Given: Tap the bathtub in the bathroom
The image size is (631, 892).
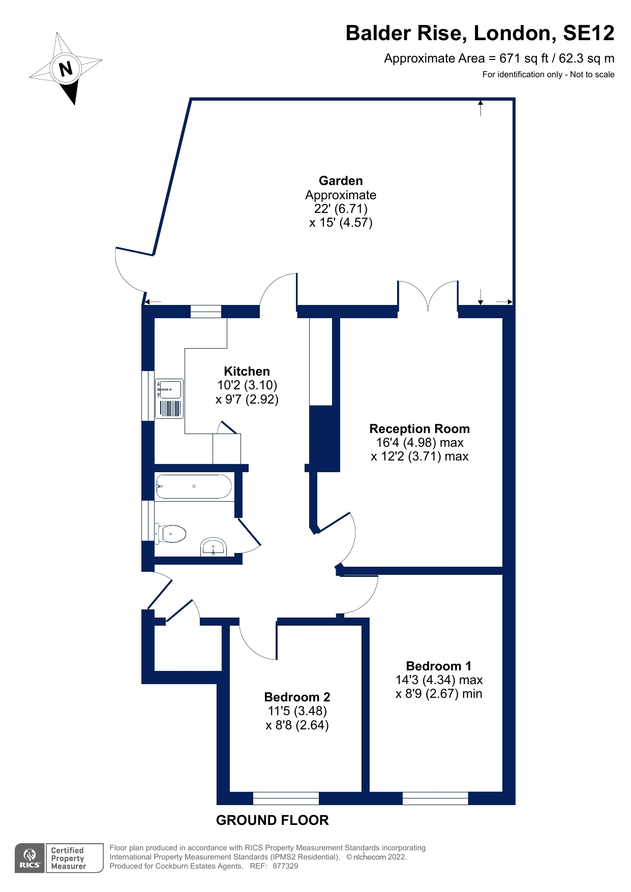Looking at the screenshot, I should pyautogui.click(x=194, y=486).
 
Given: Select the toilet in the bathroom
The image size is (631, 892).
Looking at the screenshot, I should pyautogui.click(x=171, y=534).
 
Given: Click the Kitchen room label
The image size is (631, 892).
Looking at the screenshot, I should pyautogui.click(x=247, y=371).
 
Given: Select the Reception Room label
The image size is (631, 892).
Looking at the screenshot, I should pyautogui.click(x=419, y=428).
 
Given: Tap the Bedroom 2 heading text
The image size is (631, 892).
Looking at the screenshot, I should pyautogui.click(x=297, y=697).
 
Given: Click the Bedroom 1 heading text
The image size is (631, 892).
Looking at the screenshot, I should pyautogui.click(x=438, y=666).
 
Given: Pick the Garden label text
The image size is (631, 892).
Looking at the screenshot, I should pyautogui.click(x=341, y=181).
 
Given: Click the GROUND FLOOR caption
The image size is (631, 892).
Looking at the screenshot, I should pyautogui.click(x=272, y=820).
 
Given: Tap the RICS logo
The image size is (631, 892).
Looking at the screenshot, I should pyautogui.click(x=29, y=858).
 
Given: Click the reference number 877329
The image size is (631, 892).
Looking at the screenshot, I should pyautogui.click(x=285, y=866).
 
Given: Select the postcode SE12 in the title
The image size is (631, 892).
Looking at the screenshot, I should pyautogui.click(x=588, y=34).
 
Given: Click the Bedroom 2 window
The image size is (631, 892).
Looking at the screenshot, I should pyautogui.click(x=286, y=798).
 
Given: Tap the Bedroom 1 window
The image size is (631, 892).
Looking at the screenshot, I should pyautogui.click(x=435, y=798).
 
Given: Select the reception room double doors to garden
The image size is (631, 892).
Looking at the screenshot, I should pyautogui.click(x=428, y=297).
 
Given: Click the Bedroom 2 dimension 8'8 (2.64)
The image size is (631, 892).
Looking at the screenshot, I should pyautogui.click(x=297, y=725).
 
